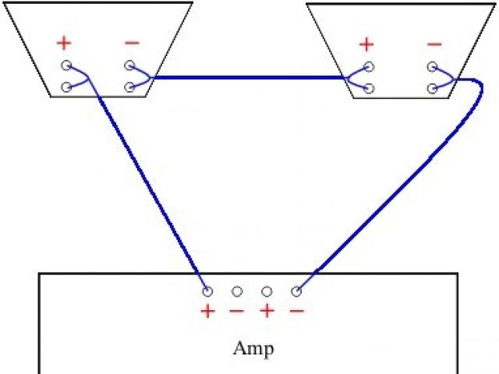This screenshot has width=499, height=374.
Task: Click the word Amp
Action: coord(253,348)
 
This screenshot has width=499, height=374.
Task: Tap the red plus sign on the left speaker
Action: coord(63,42)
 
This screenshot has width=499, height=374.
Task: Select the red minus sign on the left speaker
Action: coord(133,42)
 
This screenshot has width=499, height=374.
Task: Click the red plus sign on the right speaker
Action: coord(365,44)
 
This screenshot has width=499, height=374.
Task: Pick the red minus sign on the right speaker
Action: coord(434,44)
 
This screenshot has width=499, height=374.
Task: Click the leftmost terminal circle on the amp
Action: coord(207,291)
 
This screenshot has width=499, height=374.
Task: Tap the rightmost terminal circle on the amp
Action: coord(296,291)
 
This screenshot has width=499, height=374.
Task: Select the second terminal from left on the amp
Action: coord(237,291)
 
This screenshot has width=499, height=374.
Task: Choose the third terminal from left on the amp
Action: coord(267,291)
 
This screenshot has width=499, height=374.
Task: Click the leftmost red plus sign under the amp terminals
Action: coord(207,312)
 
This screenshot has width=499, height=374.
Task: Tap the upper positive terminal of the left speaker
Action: coord(66,66)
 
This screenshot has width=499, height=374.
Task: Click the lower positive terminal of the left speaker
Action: coord(66,87)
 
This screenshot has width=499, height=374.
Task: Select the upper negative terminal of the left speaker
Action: coord(129,66)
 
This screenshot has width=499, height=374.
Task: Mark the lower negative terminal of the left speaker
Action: coord(129,87)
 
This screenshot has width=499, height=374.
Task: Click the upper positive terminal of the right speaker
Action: coord(368,67)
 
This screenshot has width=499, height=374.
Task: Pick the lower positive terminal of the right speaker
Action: coord(368,88)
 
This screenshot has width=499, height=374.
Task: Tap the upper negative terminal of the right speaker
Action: coord(431,67)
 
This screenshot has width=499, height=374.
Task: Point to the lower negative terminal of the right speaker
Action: coord(431,88)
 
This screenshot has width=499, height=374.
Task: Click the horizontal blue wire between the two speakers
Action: coord(249,77)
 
